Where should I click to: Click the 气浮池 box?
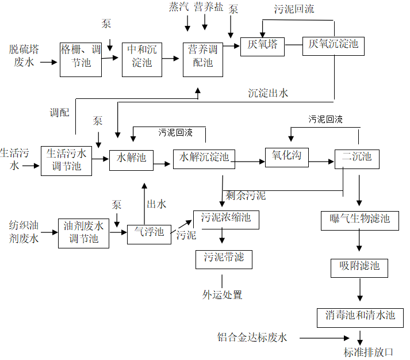[149, 233]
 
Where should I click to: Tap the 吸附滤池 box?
[359, 267]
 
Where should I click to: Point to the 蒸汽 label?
[178, 7]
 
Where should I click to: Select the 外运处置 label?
[222, 295]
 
